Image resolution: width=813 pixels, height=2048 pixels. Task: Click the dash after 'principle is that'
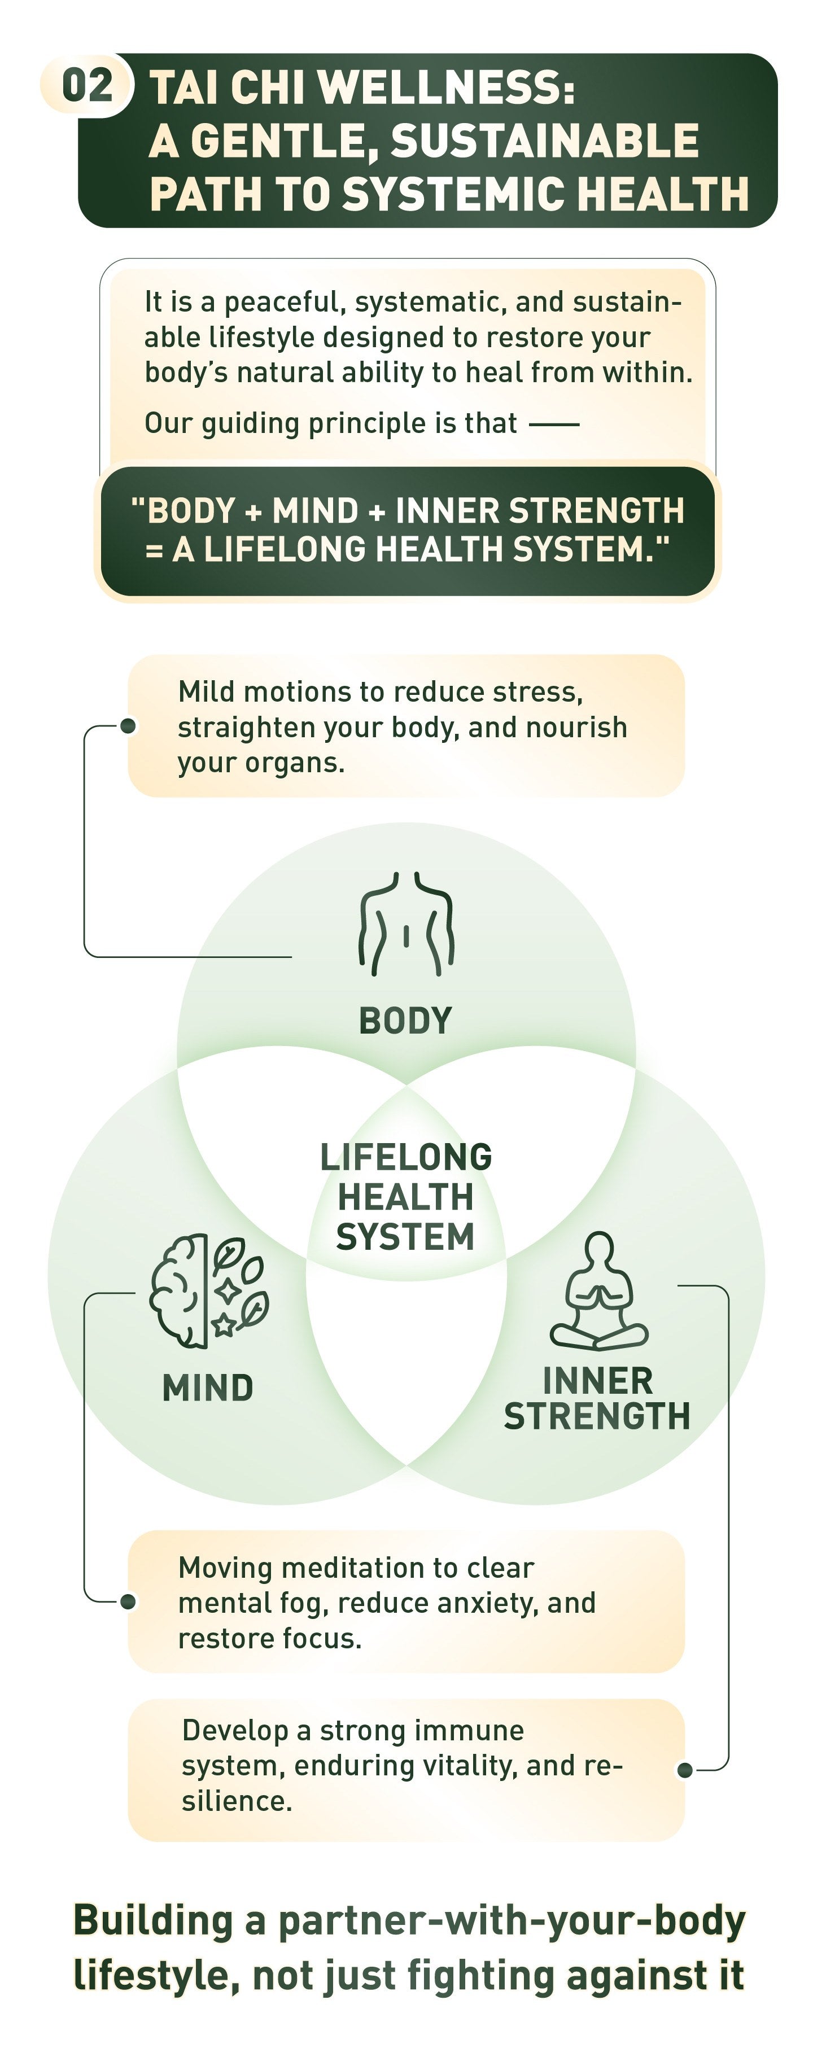coord(554,425)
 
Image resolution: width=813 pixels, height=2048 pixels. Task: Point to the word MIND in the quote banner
coord(315,510)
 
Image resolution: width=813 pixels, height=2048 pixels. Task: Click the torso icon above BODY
coord(406,924)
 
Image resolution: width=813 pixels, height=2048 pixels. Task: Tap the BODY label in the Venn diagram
coord(406,1021)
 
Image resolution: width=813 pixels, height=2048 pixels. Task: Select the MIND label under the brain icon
coord(208,1388)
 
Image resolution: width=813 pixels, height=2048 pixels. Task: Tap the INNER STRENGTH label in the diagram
coord(597,1399)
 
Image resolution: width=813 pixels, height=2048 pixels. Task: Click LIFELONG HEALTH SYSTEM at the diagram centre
coord(406,1197)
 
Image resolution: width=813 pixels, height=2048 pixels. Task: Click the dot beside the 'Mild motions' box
coord(128,726)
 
